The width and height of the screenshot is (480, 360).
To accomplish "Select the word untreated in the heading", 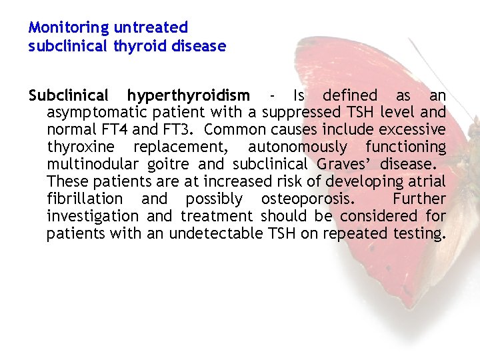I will tap(151, 28).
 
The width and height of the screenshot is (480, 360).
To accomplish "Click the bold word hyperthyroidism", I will tap(189, 96).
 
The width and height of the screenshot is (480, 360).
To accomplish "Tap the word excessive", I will tap(413, 130).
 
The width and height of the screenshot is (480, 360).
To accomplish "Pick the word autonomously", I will tap(297, 147).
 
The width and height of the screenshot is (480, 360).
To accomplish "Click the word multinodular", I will tap(92, 164).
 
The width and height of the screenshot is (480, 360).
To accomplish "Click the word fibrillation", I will tap(85, 199).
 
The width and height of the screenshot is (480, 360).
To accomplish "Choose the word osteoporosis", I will tap(303, 199).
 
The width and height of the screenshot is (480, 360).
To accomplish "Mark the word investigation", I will tap(93, 216).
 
